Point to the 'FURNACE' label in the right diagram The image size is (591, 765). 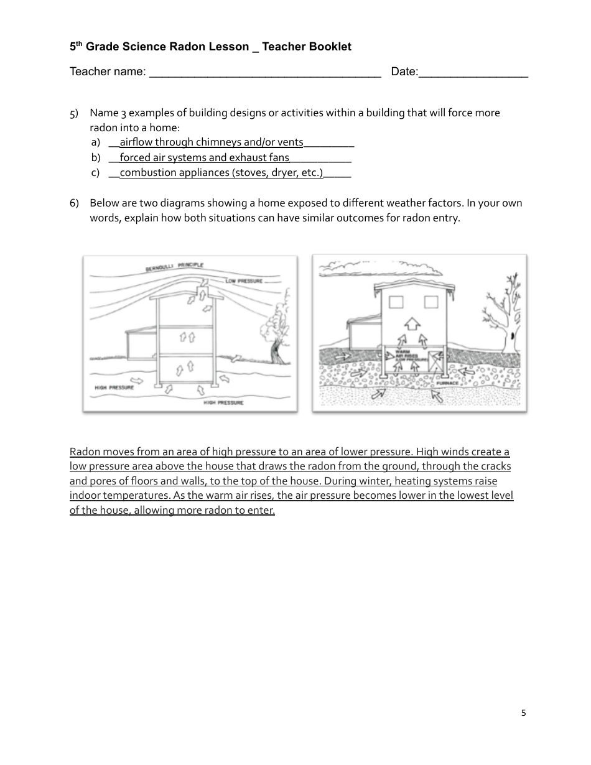tap(447, 383)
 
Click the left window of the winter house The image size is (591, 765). tap(396, 303)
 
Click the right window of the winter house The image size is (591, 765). tap(431, 303)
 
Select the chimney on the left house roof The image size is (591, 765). tap(203, 290)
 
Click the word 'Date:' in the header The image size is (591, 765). tap(404, 72)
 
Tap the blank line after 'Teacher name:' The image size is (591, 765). tap(265, 73)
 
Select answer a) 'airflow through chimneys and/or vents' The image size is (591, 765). tap(211, 142)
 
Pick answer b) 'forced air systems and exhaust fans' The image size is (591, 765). tap(204, 157)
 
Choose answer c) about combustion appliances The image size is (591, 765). tap(221, 173)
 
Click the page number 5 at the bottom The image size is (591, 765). tap(523, 713)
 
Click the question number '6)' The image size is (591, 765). tap(74, 203)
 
